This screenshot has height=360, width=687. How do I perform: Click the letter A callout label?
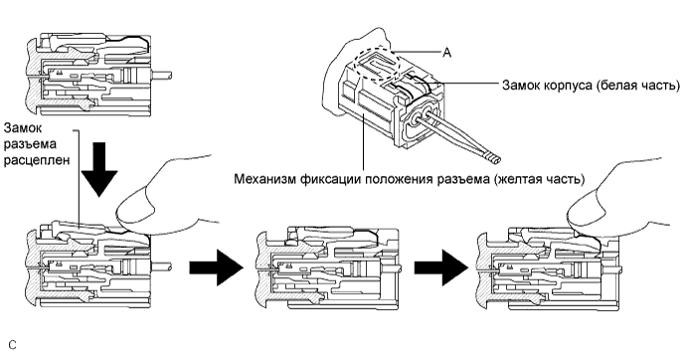[x=446, y=58]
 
